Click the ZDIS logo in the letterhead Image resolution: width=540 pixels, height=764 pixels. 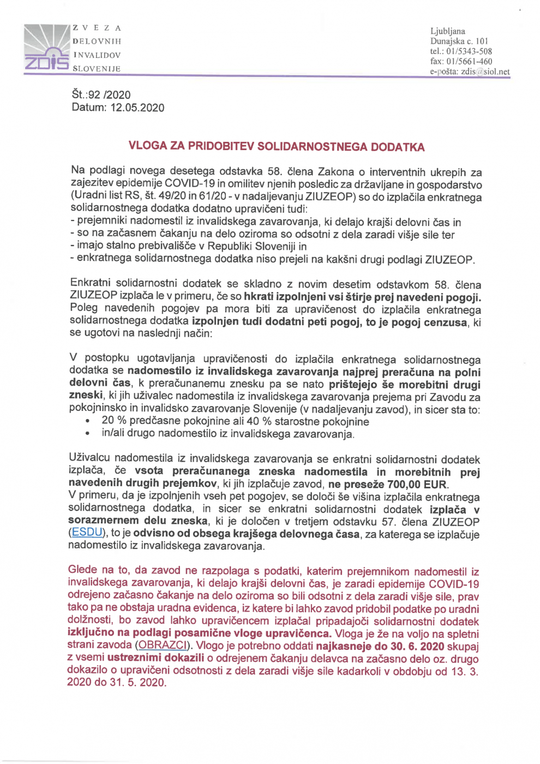pyautogui.click(x=46, y=49)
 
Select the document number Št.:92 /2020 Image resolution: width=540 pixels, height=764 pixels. pyautogui.click(x=101, y=95)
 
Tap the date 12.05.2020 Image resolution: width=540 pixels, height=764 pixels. pyautogui.click(x=137, y=108)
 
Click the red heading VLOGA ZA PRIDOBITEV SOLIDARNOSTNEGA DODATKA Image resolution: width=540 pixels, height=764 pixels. pyautogui.click(x=276, y=146)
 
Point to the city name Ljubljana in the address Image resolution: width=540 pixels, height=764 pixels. pyautogui.click(x=448, y=31)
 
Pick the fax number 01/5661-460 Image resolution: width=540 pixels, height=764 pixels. pyautogui.click(x=469, y=61)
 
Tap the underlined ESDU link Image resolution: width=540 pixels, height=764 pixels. pyautogui.click(x=87, y=533)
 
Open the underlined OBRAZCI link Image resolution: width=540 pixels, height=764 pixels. pyautogui.click(x=162, y=646)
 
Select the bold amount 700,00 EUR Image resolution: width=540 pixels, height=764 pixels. pyautogui.click(x=417, y=485)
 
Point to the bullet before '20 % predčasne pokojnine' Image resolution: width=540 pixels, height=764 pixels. pyautogui.click(x=87, y=422)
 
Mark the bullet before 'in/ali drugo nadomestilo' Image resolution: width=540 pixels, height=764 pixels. pyautogui.click(x=87, y=434)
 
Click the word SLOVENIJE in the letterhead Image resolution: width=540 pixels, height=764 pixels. pyautogui.click(x=97, y=69)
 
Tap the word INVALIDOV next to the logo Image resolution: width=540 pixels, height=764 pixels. pyautogui.click(x=97, y=55)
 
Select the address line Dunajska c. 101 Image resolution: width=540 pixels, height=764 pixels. pyautogui.click(x=459, y=41)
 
